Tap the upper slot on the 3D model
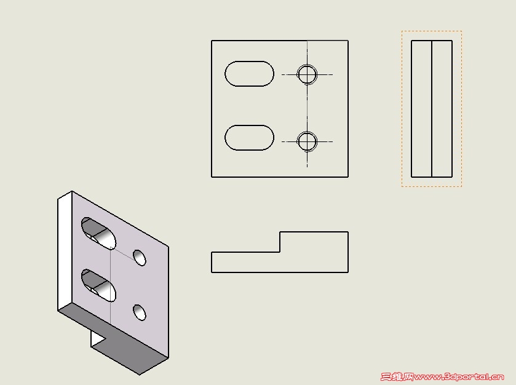[x=98, y=233]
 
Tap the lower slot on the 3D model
[x=98, y=285]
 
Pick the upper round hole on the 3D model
[x=140, y=258]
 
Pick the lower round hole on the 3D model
[x=140, y=312]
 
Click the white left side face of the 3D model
[x=65, y=251]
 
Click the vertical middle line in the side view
[x=431, y=109]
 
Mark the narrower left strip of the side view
[x=421, y=109]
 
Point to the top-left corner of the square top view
[x=212, y=41]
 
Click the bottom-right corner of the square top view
[x=348, y=177]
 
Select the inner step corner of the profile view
[x=280, y=252]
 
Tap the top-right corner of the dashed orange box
[x=462, y=31]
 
